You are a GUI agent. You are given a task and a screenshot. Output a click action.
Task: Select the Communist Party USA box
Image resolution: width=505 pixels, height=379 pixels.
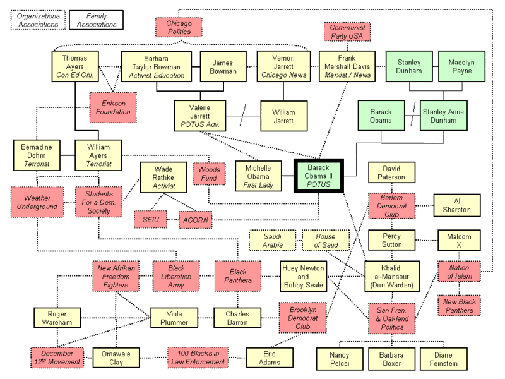coord(347,31)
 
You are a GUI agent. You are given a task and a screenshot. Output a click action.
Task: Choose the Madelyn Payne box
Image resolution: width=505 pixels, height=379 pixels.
coord(461,68)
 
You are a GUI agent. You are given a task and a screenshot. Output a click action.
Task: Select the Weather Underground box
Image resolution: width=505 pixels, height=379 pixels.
coord(34,202)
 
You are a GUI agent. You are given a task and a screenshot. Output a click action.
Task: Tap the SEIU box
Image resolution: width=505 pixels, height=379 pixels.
coord(151,219)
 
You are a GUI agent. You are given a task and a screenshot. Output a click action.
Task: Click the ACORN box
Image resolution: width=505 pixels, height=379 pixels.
coord(196,219)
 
